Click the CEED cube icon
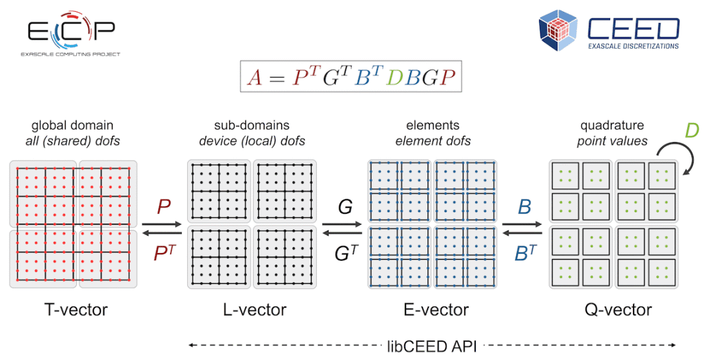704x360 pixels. (x=558, y=29)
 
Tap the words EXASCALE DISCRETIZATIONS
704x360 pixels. (x=633, y=46)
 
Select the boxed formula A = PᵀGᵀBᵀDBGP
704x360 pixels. (x=351, y=76)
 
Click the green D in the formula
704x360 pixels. (x=394, y=78)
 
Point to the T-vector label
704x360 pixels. (x=76, y=310)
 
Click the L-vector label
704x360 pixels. (x=255, y=310)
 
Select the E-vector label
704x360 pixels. (x=436, y=310)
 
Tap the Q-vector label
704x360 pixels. (x=618, y=310)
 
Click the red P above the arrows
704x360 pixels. (x=164, y=206)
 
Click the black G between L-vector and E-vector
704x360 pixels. (x=345, y=207)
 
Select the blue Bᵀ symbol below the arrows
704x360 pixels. (x=526, y=252)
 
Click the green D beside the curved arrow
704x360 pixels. (x=692, y=130)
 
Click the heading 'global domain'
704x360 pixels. (x=72, y=125)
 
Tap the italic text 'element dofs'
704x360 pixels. (x=433, y=141)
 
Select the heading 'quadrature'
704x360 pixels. (x=612, y=125)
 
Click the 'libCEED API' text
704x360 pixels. (x=432, y=346)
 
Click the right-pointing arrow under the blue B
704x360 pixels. (x=522, y=224)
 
